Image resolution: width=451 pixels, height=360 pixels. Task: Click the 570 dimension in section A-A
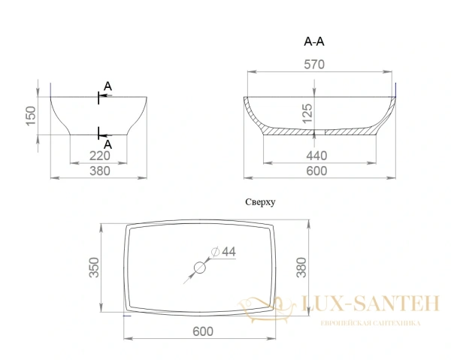point(314,65)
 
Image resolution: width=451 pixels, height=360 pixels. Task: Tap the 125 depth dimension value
point(307,113)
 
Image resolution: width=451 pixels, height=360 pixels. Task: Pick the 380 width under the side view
point(98,171)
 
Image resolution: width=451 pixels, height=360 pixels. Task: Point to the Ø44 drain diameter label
point(223,252)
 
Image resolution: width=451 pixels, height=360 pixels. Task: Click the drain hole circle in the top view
point(201,267)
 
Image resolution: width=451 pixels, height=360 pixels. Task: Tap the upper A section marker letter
point(107,87)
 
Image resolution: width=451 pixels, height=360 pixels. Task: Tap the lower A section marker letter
point(107,144)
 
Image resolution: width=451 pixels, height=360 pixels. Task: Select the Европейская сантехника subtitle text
point(370,323)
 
